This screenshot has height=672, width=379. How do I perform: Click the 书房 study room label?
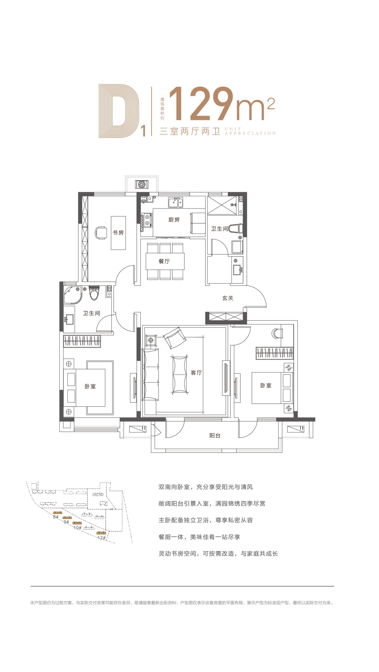pyautogui.click(x=118, y=232)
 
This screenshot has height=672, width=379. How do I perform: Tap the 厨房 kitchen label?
pyautogui.click(x=174, y=220)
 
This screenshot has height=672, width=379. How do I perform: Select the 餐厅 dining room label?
pyautogui.click(x=164, y=261)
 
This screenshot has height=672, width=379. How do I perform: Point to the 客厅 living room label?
pyautogui.click(x=196, y=373)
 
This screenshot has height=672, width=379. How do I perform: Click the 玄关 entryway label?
pyautogui.click(x=228, y=298)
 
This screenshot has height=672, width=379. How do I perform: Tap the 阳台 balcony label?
pyautogui.click(x=215, y=435)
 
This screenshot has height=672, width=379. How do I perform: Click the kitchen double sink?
pyautogui.click(x=176, y=202)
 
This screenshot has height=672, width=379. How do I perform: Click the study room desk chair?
pyautogui.click(x=101, y=233)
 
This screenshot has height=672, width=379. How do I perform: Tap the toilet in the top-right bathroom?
pyautogui.click(x=236, y=228)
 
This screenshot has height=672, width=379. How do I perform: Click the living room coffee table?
pyautogui.click(x=180, y=374)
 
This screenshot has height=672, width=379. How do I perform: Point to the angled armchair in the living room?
pyautogui.click(x=174, y=338)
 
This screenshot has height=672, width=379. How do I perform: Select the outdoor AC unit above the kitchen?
pyautogui.click(x=142, y=184)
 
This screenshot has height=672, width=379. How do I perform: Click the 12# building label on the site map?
pyautogui.click(x=101, y=538)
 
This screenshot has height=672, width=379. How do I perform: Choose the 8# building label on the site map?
pyautogui.click(x=56, y=517)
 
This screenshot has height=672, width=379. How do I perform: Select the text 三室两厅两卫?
pyautogui.click(x=189, y=131)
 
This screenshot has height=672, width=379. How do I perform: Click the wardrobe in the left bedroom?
pyautogui.click(x=82, y=341)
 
